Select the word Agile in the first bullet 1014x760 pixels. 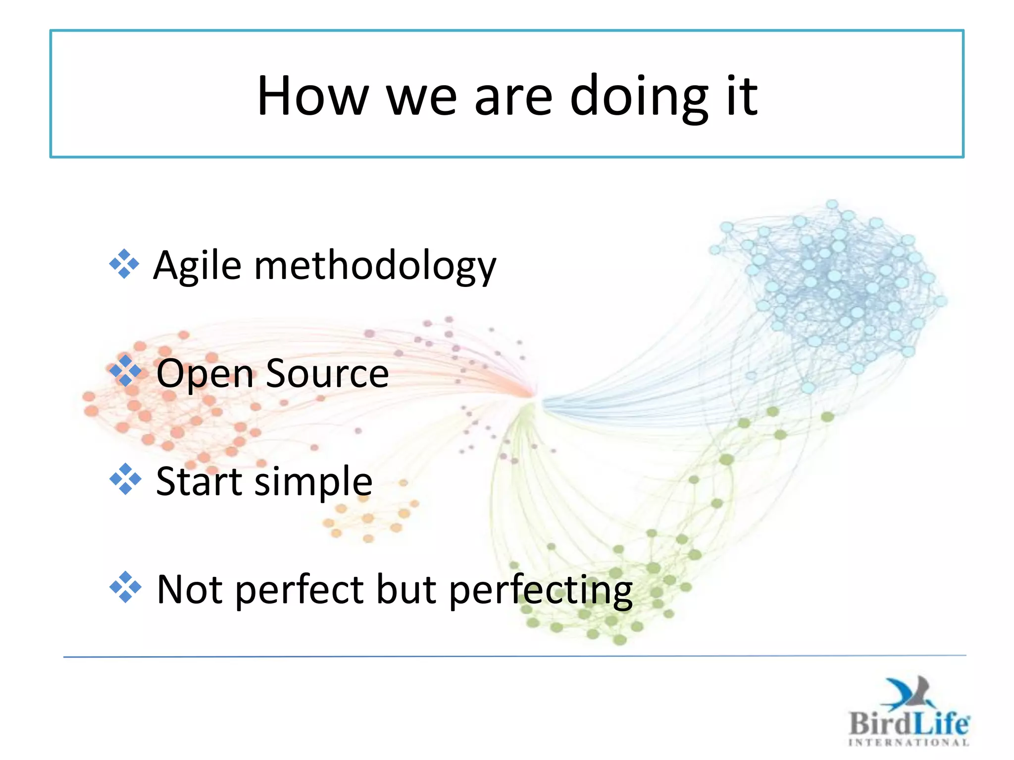[197, 266]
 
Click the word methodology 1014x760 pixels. [375, 266]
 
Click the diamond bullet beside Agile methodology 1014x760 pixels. [124, 264]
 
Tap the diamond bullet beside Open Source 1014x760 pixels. [125, 371]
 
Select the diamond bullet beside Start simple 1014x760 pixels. [125, 479]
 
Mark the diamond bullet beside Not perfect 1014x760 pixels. [125, 587]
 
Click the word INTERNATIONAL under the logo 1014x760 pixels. [909, 742]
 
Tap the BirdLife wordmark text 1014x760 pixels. [909, 723]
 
